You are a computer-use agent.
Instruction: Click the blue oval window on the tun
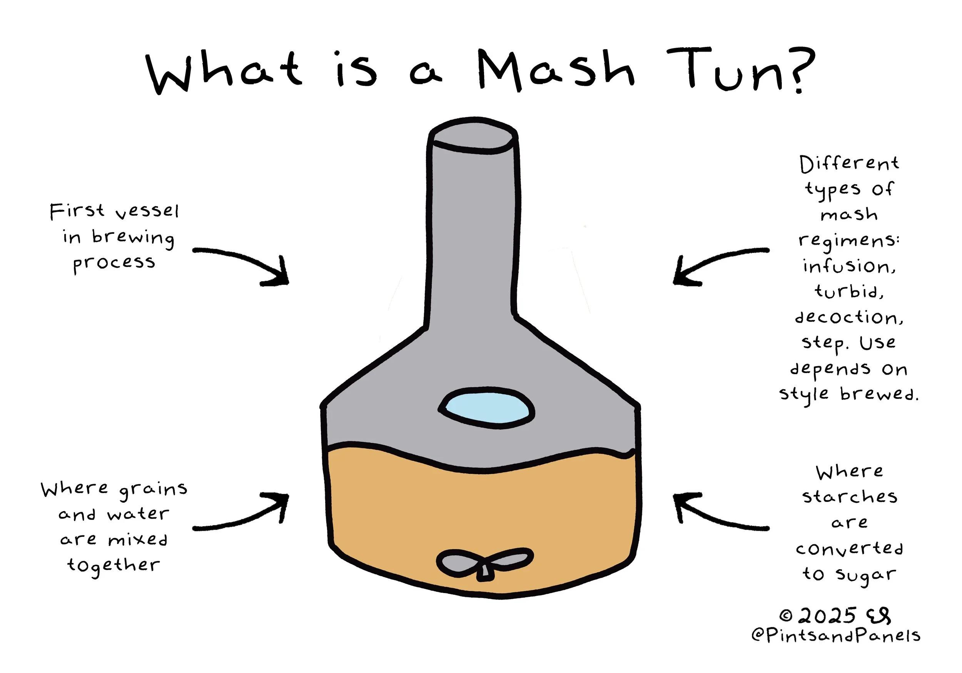(x=486, y=408)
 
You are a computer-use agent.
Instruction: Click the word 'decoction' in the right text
(x=848, y=317)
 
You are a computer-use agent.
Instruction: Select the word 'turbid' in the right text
(x=848, y=291)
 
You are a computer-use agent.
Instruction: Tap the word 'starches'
(x=849, y=497)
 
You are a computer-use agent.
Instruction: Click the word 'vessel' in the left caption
(x=147, y=212)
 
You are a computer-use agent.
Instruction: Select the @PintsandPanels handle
(x=835, y=636)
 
